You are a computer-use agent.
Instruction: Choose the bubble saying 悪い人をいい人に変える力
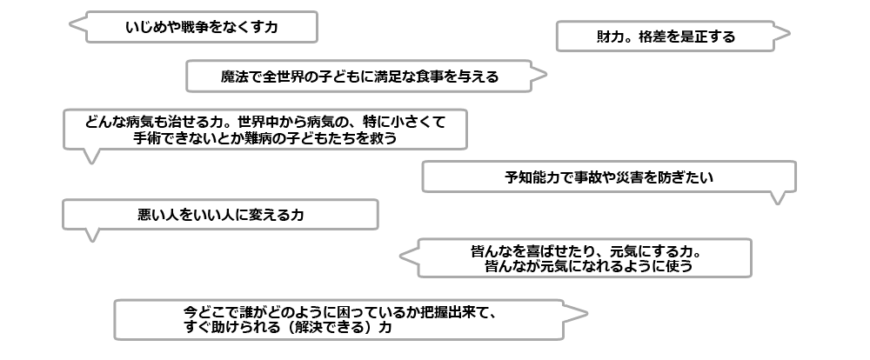pos(220,214)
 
